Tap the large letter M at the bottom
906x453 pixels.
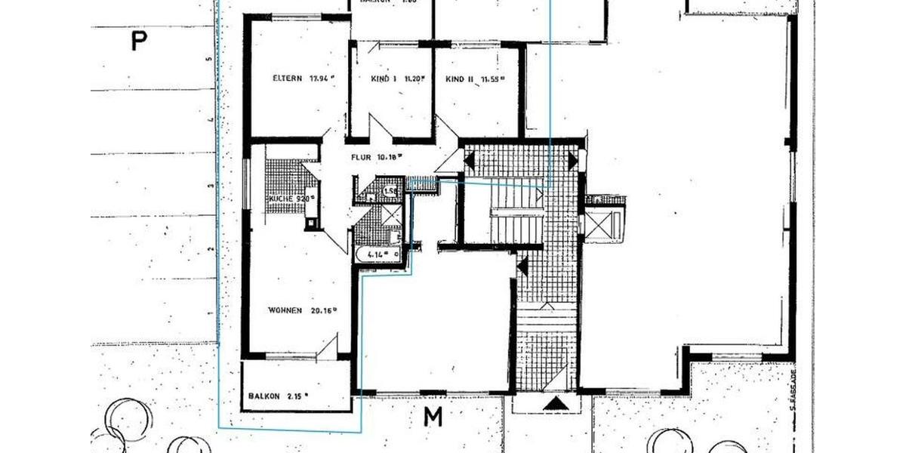(433, 416)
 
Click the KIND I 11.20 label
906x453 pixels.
(398, 79)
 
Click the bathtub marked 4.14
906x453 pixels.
(377, 255)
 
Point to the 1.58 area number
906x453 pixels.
(390, 192)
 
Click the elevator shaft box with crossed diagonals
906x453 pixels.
(604, 223)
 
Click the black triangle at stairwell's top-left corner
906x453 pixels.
(469, 160)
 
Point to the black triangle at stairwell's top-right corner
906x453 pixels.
(572, 160)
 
